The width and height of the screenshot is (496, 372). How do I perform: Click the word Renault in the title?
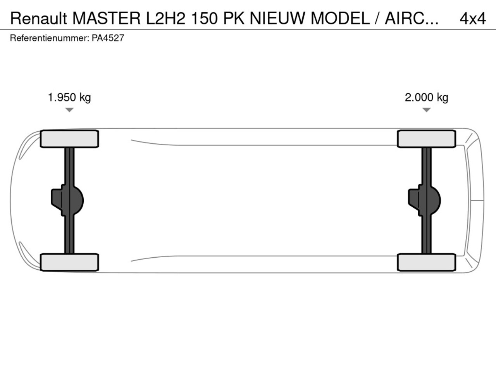(39, 19)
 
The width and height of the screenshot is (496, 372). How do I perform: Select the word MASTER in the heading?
(107, 19)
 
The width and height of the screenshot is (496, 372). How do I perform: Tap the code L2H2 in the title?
(165, 19)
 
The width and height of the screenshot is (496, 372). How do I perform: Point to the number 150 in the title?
(204, 19)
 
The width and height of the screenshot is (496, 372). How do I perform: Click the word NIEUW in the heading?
(277, 19)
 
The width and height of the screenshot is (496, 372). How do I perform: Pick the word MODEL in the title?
(340, 19)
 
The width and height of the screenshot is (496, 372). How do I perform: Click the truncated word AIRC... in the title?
(412, 19)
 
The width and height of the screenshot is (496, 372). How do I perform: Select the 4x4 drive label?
(473, 19)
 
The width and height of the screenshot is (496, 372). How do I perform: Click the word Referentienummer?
(50, 38)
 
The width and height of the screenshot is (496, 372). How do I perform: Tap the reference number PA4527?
(108, 38)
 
